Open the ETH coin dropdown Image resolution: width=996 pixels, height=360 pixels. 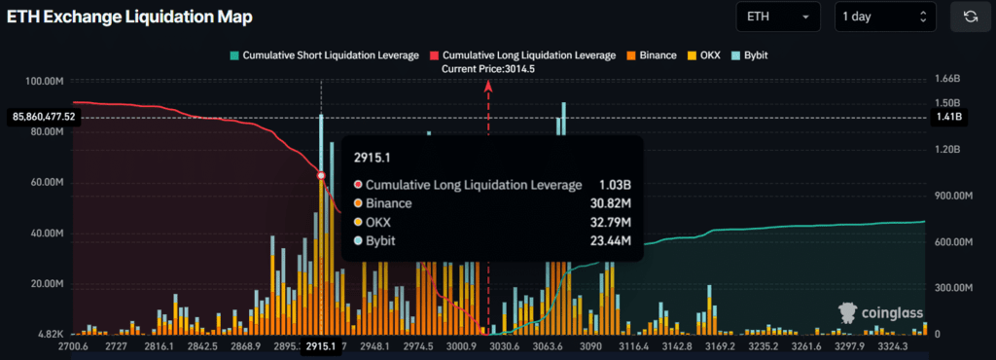779,17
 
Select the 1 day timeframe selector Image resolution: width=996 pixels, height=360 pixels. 884,17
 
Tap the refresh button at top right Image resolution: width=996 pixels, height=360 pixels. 970,17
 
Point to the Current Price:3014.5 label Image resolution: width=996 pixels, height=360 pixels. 488,69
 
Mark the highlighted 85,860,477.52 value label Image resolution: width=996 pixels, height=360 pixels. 44,117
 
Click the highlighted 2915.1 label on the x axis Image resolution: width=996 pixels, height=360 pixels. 321,346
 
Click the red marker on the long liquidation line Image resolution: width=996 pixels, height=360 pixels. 321,175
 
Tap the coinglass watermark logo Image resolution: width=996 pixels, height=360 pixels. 879,312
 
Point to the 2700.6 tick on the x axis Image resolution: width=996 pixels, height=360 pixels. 74,346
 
